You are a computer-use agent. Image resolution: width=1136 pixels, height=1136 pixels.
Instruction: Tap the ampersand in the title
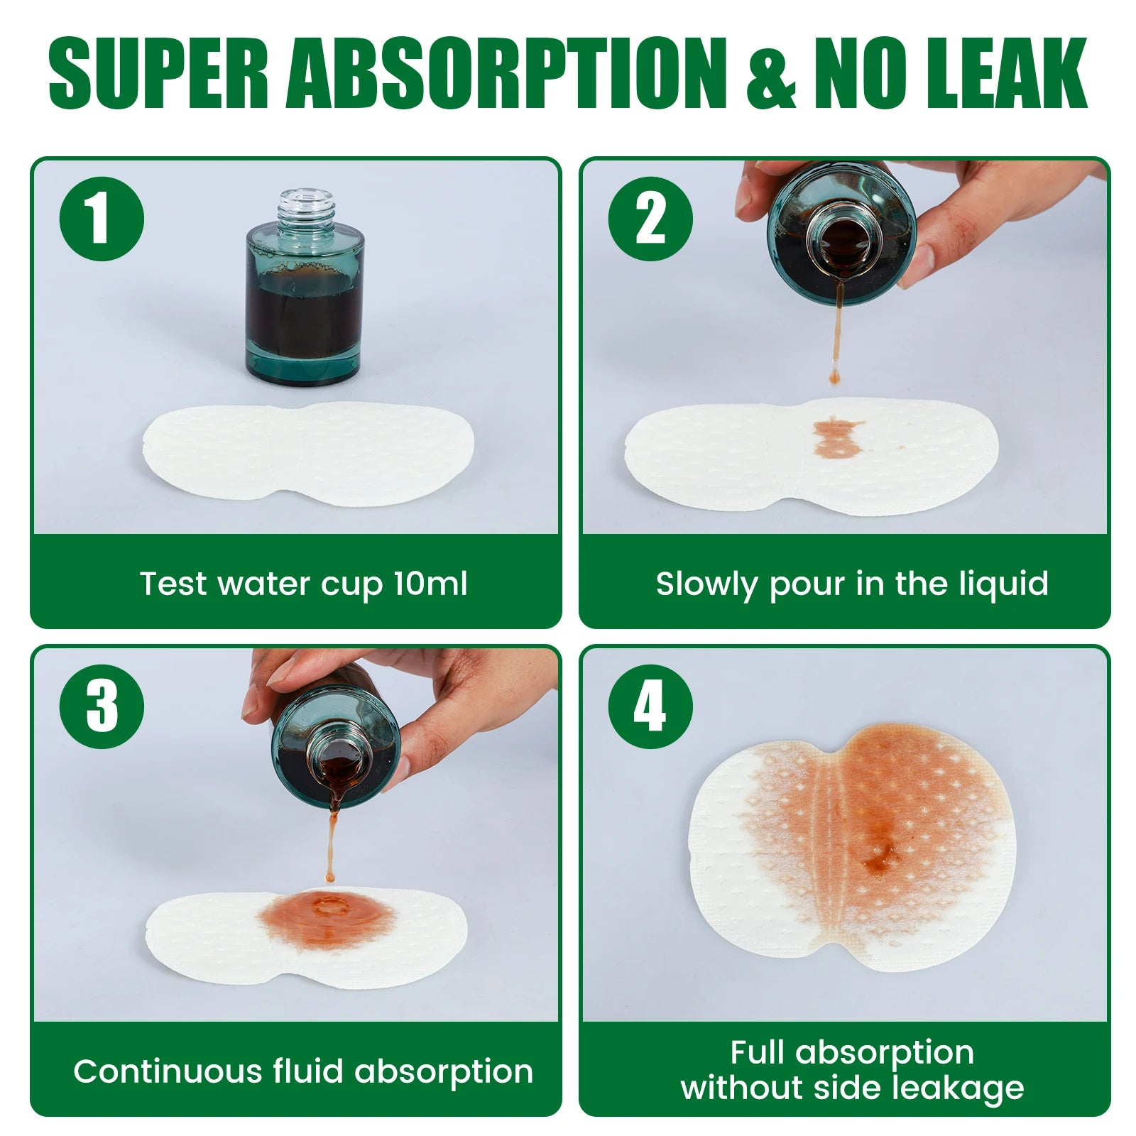pyautogui.click(x=772, y=72)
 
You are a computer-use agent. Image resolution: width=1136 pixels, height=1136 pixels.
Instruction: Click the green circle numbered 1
pyautogui.click(x=102, y=219)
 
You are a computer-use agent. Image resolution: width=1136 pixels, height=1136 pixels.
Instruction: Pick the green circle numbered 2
pyautogui.click(x=650, y=219)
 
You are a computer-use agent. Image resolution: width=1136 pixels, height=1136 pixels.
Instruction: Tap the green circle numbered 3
pyautogui.click(x=102, y=706)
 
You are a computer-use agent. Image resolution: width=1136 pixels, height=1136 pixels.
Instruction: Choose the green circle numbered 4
pyautogui.click(x=650, y=706)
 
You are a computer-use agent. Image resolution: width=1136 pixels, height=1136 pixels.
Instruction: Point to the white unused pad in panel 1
pyautogui.click(x=309, y=454)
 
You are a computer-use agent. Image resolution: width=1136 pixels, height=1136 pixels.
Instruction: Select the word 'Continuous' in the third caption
pyautogui.click(x=168, y=1071)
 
